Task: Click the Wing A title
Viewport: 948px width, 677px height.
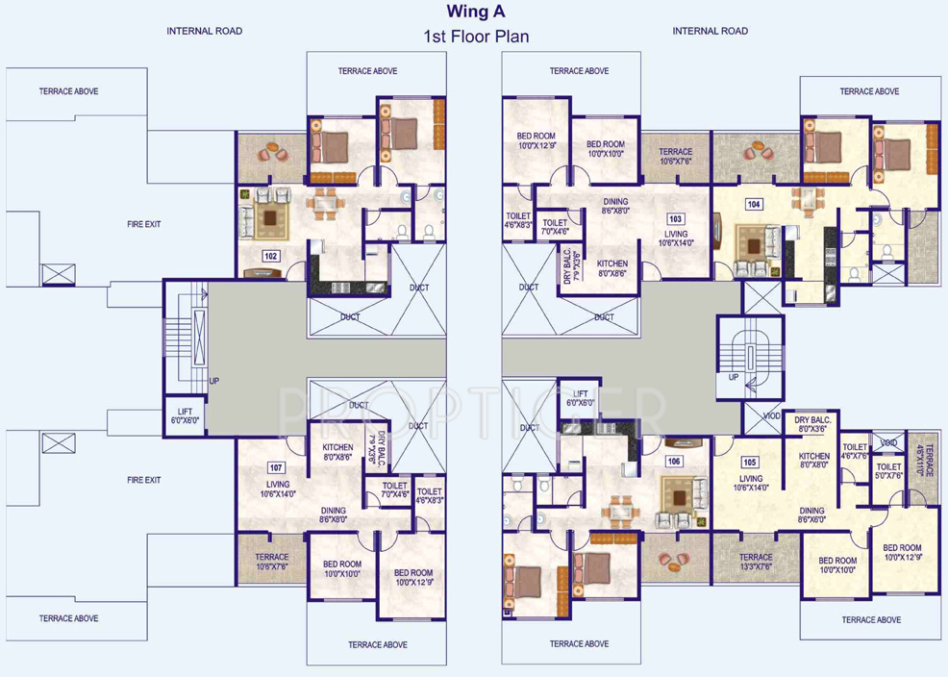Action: (x=475, y=13)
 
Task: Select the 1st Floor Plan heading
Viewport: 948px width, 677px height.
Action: (x=476, y=37)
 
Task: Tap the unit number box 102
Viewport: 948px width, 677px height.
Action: (x=270, y=256)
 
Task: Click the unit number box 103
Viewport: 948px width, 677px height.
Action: (x=676, y=219)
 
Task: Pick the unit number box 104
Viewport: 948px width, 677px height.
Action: (x=754, y=204)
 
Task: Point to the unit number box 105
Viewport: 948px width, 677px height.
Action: (x=751, y=462)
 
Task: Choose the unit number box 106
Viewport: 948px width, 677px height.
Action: (x=674, y=462)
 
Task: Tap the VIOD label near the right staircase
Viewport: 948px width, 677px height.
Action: (x=772, y=416)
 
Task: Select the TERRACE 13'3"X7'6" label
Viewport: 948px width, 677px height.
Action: (x=756, y=562)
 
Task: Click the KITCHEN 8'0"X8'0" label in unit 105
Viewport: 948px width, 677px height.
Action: (x=814, y=461)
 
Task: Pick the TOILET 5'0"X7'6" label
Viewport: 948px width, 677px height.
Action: (x=889, y=470)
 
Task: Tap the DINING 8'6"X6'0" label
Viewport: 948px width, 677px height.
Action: (x=811, y=515)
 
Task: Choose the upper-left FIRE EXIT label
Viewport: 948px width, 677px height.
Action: (x=144, y=224)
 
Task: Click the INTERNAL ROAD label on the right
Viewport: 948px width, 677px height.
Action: (x=710, y=31)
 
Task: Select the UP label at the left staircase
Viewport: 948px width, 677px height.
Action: (x=213, y=381)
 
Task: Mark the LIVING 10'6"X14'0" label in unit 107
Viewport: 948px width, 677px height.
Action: (x=278, y=489)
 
